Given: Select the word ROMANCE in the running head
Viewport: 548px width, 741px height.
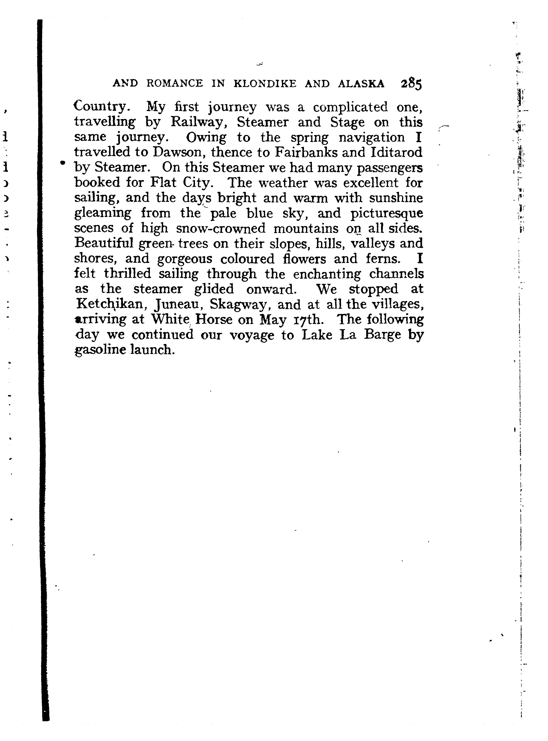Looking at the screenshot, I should coord(175,84).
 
